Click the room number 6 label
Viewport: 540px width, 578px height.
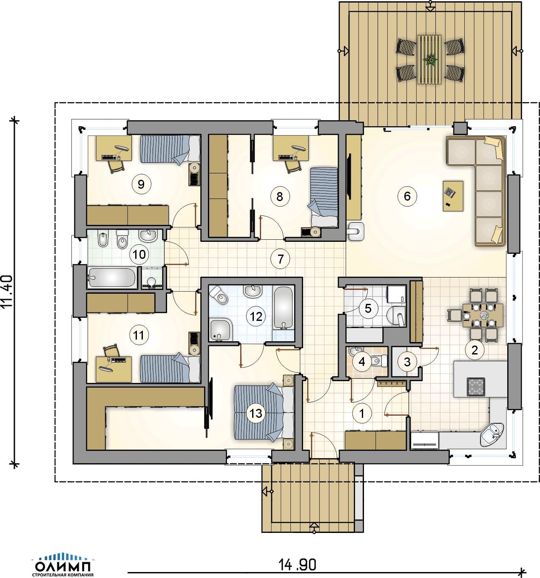[407, 196]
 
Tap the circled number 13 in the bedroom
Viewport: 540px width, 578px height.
[256, 413]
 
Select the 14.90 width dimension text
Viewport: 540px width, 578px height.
[297, 564]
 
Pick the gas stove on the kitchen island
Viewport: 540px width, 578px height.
[476, 387]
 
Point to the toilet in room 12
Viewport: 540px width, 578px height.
[219, 295]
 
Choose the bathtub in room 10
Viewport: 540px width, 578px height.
[112, 278]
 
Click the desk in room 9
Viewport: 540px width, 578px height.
[114, 148]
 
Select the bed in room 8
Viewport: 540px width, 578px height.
[323, 197]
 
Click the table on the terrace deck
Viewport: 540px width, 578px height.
[429, 59]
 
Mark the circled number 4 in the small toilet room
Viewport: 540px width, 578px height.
[362, 362]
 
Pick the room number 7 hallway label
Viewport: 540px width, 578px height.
[280, 259]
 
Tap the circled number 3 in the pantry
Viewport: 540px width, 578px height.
[407, 362]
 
